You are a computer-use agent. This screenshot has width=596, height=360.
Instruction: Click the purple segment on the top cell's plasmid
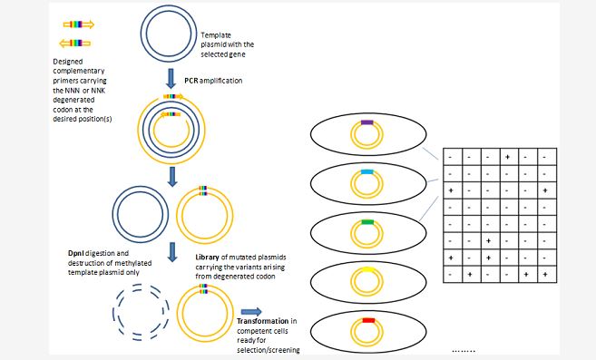click(366, 122)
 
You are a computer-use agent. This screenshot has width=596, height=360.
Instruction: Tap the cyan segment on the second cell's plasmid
click(366, 171)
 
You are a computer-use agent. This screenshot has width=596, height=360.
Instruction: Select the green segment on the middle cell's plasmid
click(367, 222)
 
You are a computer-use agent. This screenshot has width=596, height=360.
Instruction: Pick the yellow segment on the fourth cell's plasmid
click(367, 269)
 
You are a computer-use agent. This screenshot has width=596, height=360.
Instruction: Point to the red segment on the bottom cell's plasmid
click(368, 320)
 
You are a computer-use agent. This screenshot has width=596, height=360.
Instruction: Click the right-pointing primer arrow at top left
click(79, 24)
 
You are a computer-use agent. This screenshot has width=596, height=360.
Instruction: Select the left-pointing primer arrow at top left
click(75, 43)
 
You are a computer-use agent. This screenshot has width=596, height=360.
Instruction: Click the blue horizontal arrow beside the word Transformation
click(251, 312)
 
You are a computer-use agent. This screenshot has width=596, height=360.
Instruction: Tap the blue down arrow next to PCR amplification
click(171, 79)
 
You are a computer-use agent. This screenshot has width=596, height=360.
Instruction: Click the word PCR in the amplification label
click(191, 81)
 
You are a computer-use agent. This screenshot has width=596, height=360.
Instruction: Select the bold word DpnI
click(76, 253)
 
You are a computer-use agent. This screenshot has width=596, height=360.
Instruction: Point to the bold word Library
click(207, 258)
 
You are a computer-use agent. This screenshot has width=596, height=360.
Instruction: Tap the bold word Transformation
click(263, 321)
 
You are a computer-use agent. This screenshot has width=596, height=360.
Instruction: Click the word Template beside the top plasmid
click(216, 35)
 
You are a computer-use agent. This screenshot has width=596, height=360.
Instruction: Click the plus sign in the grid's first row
click(507, 157)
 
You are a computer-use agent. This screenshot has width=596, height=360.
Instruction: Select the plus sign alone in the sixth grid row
click(488, 240)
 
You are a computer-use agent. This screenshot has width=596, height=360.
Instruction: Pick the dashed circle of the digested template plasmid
click(141, 312)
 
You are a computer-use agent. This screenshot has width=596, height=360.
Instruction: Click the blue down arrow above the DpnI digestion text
click(172, 252)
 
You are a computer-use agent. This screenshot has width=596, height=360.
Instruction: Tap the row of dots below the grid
click(464, 351)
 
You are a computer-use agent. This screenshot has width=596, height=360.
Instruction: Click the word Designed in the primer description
click(68, 62)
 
